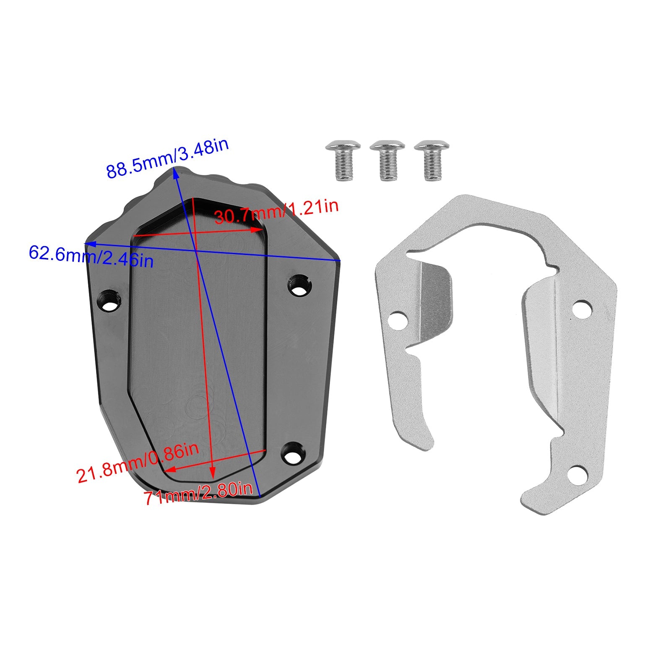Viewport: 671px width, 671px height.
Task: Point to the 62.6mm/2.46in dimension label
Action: [x=91, y=257]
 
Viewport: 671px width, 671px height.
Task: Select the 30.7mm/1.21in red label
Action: [x=276, y=212]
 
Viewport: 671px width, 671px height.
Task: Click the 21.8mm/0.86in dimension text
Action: [x=137, y=463]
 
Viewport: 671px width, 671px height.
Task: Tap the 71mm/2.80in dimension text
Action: [x=198, y=495]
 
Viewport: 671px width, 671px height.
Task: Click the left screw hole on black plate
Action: [x=110, y=301]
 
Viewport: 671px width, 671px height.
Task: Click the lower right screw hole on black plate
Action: [x=293, y=454]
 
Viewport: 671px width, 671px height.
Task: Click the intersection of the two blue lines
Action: [x=196, y=251]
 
